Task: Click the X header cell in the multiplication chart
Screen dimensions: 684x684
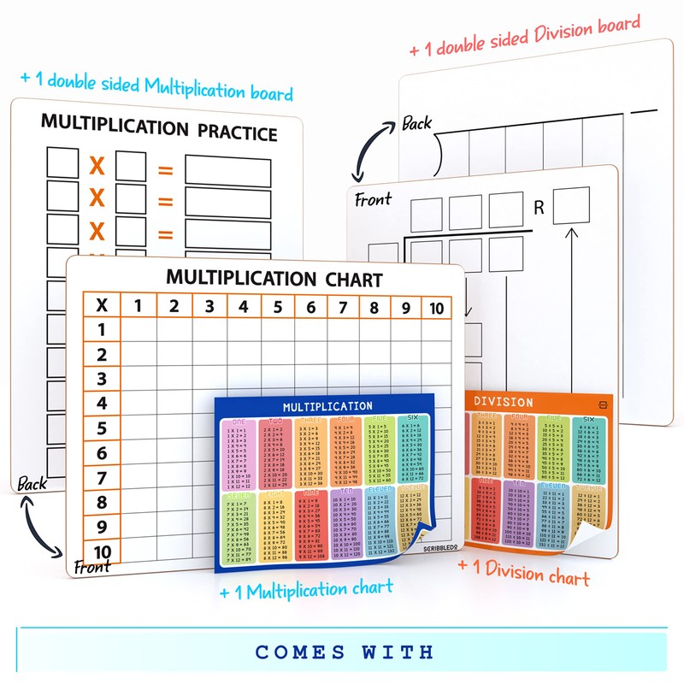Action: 102,305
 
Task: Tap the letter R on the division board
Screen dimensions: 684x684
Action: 539,207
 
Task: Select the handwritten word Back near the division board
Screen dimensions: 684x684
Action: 417,123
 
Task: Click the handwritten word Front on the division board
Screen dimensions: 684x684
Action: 373,200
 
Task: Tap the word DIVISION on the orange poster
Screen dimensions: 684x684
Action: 504,402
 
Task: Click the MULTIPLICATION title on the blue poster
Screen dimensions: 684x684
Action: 327,406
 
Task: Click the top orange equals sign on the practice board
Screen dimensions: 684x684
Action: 165,169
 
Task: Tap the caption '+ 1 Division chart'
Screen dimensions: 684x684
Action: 523,572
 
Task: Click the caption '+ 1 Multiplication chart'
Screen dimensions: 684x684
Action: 306,589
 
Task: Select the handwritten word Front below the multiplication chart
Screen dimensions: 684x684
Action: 92,566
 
